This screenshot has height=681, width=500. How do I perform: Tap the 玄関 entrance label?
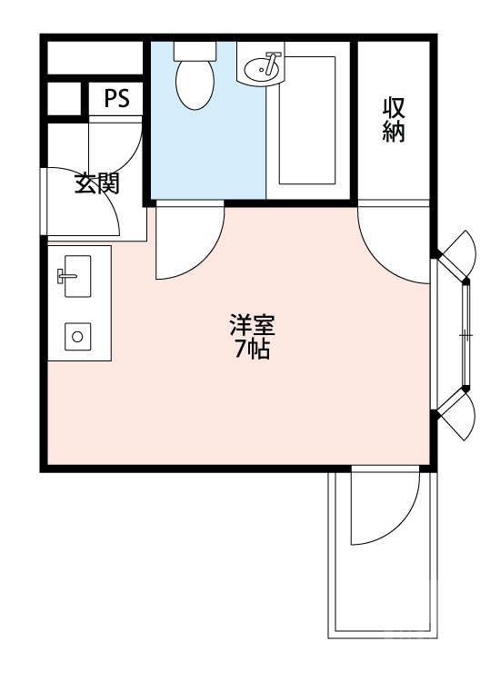click(97, 184)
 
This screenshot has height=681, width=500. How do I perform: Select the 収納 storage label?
click(394, 119)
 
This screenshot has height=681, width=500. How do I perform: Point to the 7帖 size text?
click(252, 350)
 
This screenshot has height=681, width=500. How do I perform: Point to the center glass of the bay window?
click(465, 334)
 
